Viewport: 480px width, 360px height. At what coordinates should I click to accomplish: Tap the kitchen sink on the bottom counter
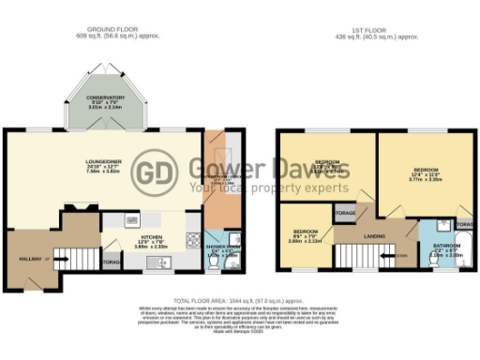point(161,260)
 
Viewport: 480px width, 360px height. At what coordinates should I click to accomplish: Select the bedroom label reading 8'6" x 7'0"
point(304,233)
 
